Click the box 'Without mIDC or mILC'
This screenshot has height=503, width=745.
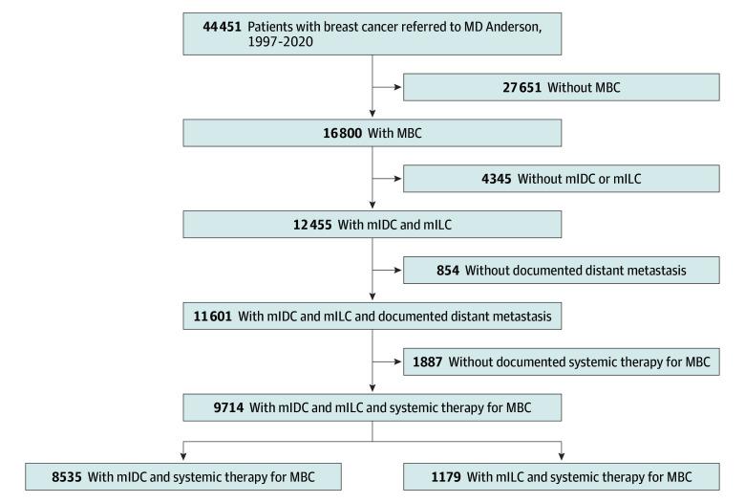[x=561, y=179]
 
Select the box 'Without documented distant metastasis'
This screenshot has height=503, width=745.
[x=561, y=271]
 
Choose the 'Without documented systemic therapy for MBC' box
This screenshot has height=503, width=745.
[x=561, y=362]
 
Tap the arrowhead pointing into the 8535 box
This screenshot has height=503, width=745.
[x=183, y=453]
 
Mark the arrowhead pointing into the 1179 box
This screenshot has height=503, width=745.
[x=561, y=453]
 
